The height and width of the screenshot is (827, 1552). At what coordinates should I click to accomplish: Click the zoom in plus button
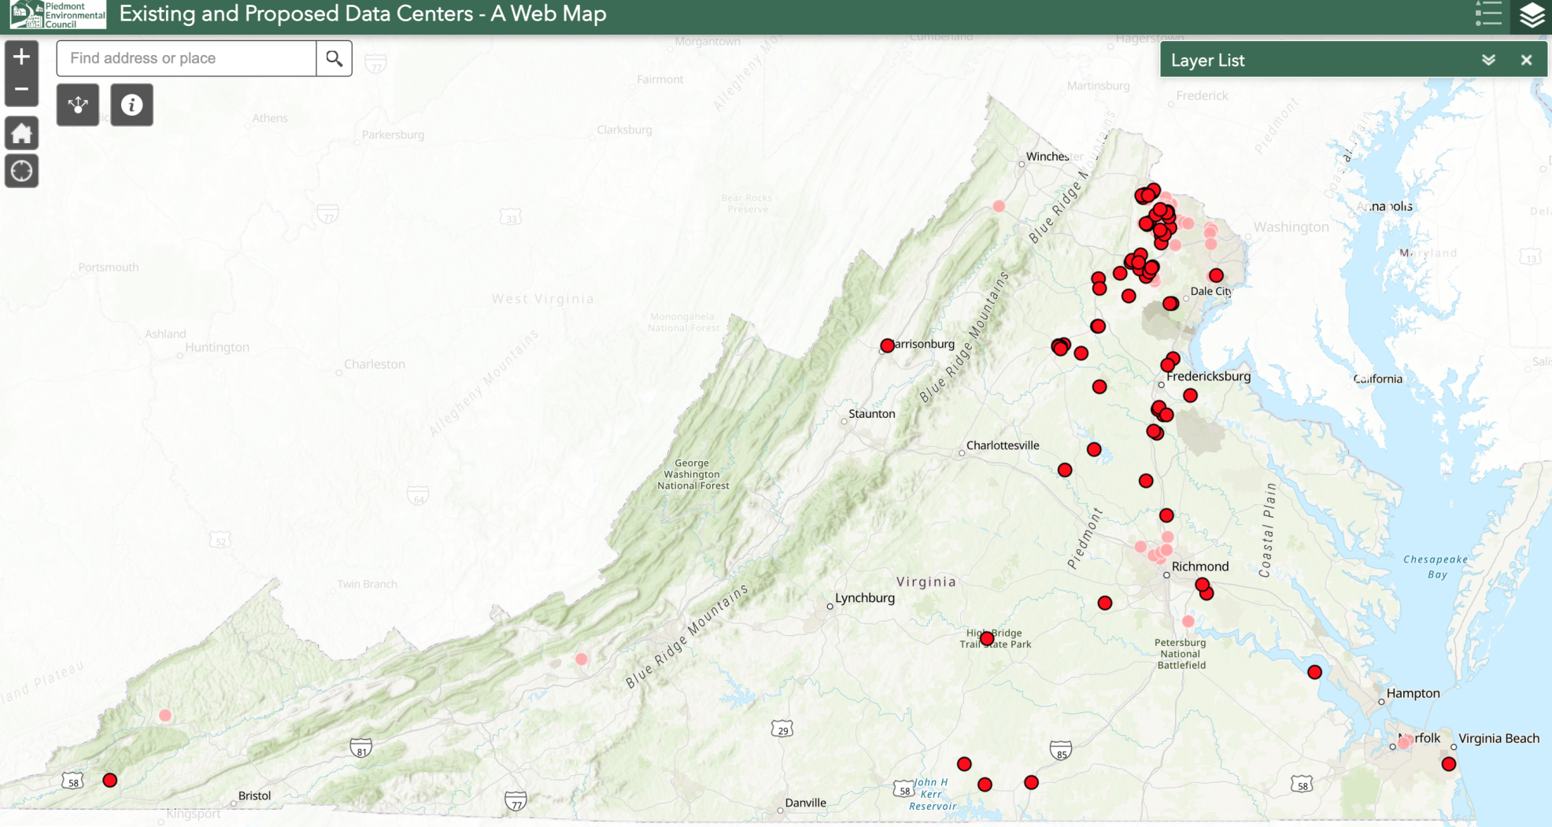tap(21, 57)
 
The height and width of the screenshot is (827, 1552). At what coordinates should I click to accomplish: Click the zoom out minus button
tap(21, 89)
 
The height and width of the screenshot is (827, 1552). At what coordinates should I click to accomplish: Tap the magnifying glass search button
tap(334, 58)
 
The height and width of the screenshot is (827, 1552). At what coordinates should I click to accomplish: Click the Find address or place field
tap(187, 58)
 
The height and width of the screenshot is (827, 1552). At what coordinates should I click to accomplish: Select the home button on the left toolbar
tap(21, 133)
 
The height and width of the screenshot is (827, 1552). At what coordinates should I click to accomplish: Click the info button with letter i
tap(131, 105)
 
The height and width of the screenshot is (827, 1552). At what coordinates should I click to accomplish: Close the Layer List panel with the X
tap(1526, 60)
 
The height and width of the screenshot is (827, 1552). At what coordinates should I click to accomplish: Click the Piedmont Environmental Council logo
tap(57, 14)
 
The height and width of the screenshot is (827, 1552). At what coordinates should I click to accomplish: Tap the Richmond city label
tap(1199, 567)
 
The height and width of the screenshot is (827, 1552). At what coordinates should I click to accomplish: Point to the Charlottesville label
tap(1002, 445)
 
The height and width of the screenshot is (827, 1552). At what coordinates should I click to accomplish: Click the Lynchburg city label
tap(864, 598)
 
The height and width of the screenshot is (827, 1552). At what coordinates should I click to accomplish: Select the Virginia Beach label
tap(1498, 738)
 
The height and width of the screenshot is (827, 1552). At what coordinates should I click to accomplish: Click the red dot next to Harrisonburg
tap(887, 345)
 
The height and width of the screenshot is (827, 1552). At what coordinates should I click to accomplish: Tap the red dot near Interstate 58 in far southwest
tap(110, 780)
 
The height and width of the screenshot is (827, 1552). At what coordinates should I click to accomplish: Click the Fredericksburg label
tap(1208, 376)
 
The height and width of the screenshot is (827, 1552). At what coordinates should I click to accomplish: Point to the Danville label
tap(805, 803)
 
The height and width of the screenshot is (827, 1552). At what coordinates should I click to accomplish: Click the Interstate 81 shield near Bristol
tap(360, 748)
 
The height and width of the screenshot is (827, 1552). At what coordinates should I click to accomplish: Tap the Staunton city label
tap(871, 414)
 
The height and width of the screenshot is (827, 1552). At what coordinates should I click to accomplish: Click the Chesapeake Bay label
tap(1436, 567)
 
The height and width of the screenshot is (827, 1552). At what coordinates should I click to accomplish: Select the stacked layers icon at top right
tap(1532, 15)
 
